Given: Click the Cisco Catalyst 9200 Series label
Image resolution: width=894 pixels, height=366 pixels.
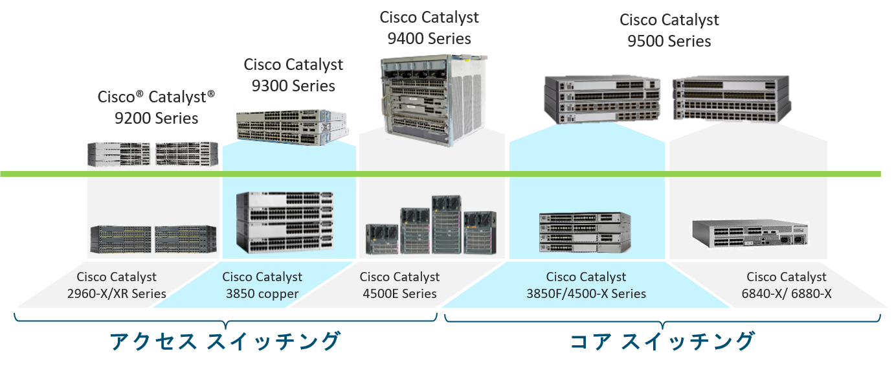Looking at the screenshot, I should click(x=156, y=108).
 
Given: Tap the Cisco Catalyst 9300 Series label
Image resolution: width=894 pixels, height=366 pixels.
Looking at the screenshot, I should click(x=293, y=75).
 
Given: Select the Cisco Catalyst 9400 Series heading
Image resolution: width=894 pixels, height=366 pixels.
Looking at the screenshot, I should click(x=429, y=27).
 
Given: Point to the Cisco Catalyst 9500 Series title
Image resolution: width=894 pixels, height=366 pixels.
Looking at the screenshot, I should click(x=669, y=30).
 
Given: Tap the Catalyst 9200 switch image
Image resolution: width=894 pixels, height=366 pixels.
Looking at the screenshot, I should click(x=153, y=154).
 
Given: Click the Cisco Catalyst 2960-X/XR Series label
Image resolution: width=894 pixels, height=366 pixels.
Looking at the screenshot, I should click(x=117, y=285).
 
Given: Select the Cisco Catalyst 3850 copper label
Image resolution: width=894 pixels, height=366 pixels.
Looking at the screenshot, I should click(x=262, y=285).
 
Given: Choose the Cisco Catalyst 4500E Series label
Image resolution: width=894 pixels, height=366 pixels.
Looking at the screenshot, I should click(x=399, y=285).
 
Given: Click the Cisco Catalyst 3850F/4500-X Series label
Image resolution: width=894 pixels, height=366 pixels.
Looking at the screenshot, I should click(x=586, y=285).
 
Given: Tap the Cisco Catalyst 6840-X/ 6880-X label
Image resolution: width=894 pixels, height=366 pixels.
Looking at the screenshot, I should click(x=787, y=285).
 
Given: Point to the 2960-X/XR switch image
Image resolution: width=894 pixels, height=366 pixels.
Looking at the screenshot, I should click(x=153, y=239).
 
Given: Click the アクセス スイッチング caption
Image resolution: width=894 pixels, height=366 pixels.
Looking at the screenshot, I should click(x=225, y=341).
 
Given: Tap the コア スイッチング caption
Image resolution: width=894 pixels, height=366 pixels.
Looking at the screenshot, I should click(x=662, y=341).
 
